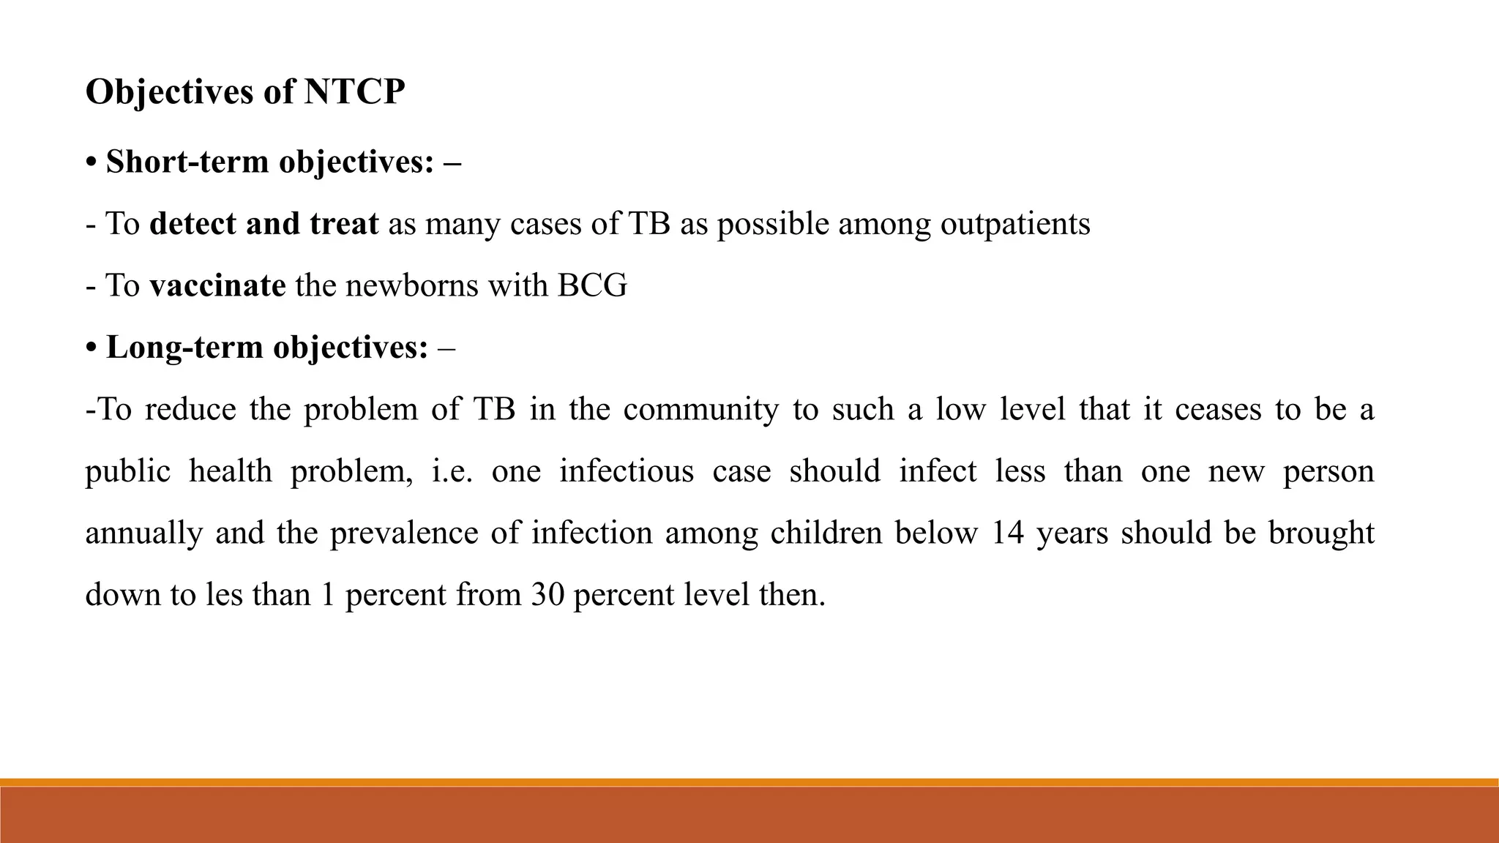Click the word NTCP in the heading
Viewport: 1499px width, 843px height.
coord(354,93)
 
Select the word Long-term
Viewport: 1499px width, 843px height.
coord(184,347)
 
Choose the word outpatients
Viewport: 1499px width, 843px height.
coord(1015,224)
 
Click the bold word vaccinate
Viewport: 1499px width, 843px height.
coord(217,285)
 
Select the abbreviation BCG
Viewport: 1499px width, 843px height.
coord(592,285)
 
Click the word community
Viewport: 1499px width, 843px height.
coord(701,409)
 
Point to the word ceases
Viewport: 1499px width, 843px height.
coord(1218,409)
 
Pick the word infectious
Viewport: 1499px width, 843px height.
coord(627,471)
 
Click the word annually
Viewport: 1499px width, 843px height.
coord(143,533)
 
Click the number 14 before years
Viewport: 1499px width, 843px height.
coord(1007,533)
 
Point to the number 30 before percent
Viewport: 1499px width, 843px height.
coord(547,594)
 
